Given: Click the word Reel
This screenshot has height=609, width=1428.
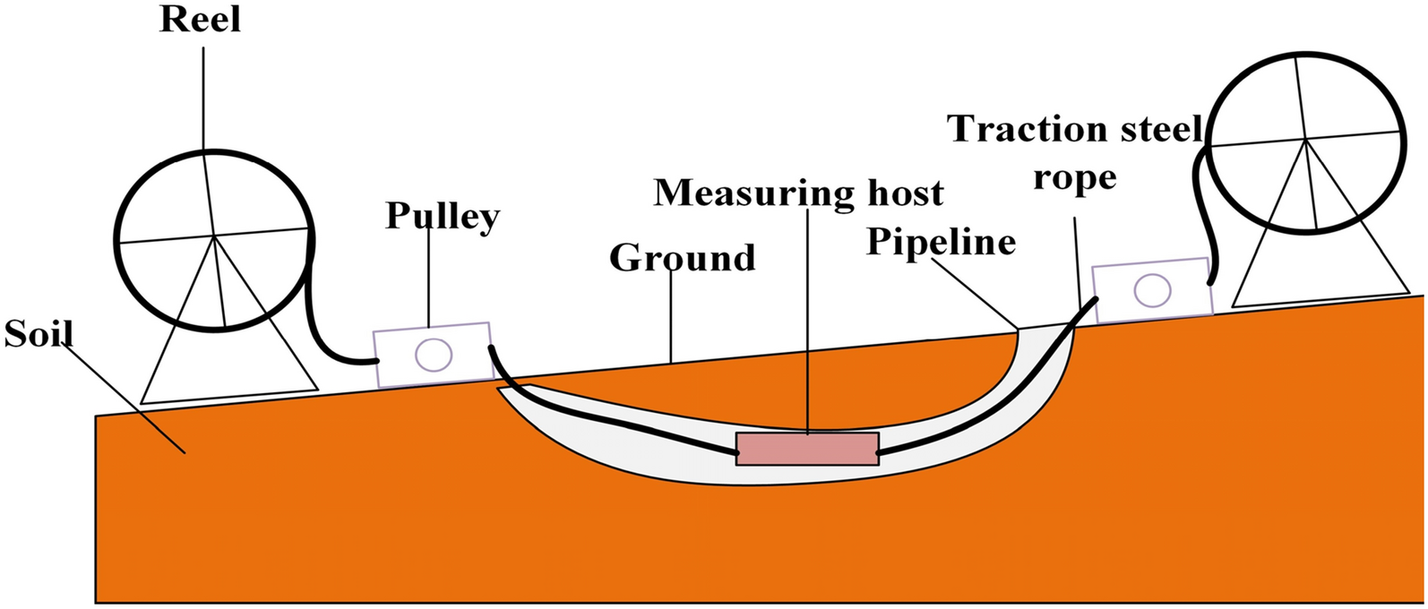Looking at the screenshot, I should tap(200, 19).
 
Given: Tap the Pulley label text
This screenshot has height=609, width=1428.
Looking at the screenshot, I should tap(443, 216).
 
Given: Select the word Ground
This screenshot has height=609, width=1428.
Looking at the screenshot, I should tap(683, 258).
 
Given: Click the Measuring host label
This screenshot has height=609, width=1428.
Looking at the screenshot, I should tap(798, 193).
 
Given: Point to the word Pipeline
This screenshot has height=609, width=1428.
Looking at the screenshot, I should tap(941, 242).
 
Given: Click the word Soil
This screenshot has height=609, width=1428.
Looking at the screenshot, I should tap(38, 334).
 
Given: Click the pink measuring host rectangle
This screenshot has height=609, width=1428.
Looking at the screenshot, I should tap(806, 449).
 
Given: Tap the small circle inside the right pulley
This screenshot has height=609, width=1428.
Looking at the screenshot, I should tap(1151, 290).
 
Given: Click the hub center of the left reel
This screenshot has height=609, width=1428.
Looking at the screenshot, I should tap(214, 236).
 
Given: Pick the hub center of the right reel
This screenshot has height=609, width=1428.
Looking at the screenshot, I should tap(1307, 139).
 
